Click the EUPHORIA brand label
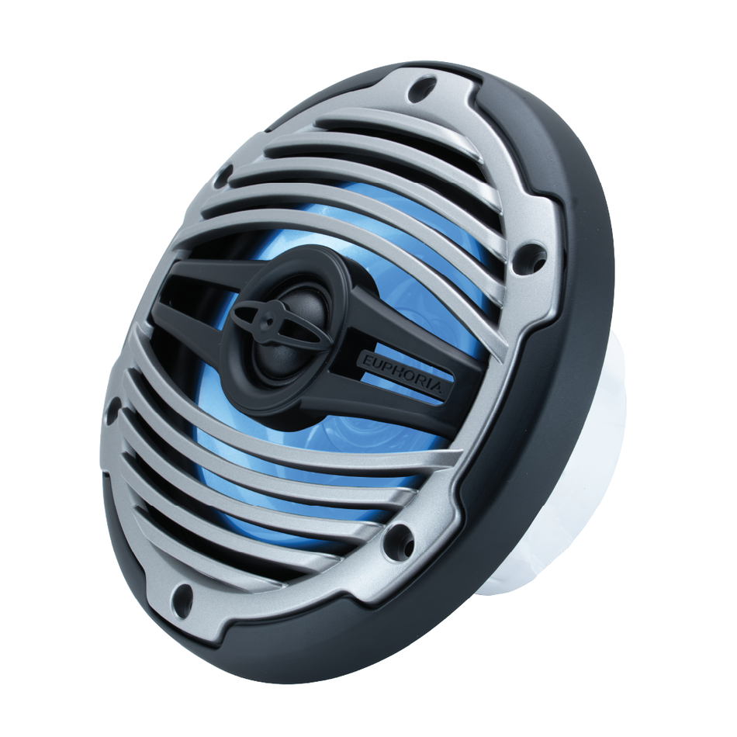coord(401,375)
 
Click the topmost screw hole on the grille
coord(420,88)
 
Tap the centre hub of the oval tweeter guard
coord(268,317)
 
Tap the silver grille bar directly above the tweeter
coord(334,233)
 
